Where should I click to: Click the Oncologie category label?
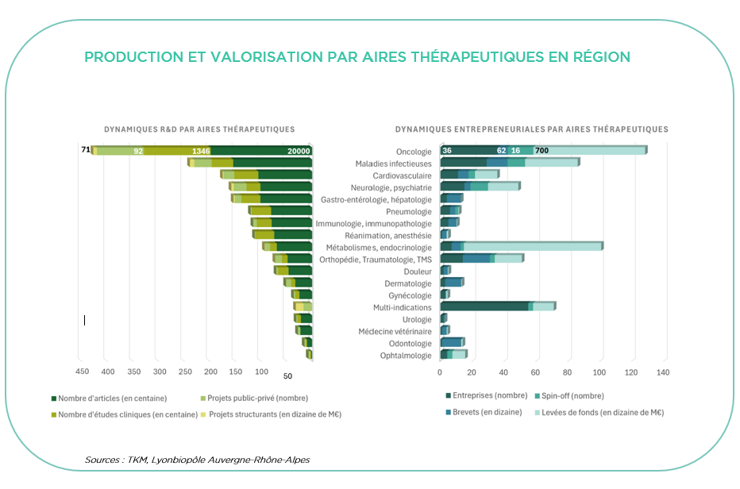pos(413,152)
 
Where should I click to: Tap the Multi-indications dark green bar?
pos(484,306)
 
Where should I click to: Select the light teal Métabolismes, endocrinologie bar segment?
pos(532,246)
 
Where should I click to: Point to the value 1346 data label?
pos(201,151)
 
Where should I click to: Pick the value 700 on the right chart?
pos(542,151)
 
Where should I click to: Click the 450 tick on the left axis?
pos(82,371)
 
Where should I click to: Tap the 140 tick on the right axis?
pos(663,371)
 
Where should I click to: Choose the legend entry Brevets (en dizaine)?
pos(486,412)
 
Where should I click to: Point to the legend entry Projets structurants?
pos(274,414)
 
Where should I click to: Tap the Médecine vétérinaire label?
pos(395,331)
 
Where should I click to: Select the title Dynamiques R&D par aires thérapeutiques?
pos(199,129)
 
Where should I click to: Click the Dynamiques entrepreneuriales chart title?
pos(531,129)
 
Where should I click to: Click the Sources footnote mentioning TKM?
pos(197,460)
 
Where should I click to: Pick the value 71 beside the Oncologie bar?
pos(86,149)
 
